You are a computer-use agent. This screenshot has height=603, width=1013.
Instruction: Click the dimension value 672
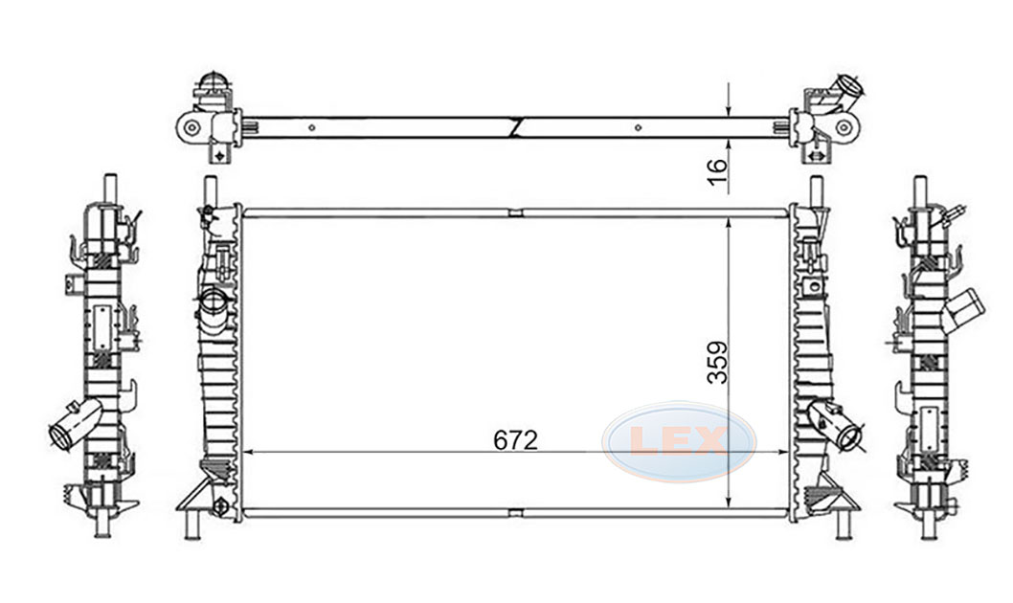515,440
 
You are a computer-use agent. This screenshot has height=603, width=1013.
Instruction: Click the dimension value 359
717,362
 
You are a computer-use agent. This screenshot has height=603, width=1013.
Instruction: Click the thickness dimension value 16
717,172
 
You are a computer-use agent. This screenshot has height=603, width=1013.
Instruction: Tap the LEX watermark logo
679,441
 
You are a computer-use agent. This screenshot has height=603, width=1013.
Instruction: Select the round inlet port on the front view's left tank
214,302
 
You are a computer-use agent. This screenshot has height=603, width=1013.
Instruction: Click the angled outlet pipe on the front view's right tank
836,425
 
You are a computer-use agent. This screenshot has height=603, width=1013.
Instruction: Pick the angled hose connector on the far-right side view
963,310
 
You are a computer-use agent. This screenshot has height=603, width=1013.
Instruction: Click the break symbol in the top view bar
515,127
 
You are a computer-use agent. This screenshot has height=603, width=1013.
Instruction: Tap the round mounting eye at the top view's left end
191,127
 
